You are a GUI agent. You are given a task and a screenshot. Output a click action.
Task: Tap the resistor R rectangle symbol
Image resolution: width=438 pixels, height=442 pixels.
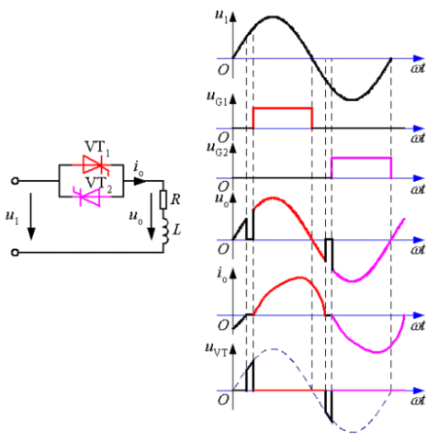coord(163,199)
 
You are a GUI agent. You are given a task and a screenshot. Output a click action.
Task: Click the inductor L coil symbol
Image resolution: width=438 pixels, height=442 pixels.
coord(164,231)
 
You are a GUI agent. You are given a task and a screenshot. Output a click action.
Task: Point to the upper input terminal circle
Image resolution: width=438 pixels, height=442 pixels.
coord(15,181)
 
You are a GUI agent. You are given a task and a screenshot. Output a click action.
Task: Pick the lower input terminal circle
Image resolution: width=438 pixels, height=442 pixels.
coord(15,253)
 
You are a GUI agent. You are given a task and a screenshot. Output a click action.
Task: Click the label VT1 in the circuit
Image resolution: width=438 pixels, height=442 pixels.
coord(97,148)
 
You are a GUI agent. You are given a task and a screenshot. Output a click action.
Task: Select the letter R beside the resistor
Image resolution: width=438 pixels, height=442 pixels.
coord(175,199)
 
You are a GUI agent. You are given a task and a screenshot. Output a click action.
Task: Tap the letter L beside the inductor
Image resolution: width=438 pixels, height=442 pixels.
coord(177,229)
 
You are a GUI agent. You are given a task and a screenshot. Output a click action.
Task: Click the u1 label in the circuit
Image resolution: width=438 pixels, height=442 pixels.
coord(12,217)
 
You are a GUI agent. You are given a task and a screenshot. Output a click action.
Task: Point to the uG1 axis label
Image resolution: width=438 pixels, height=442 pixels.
coord(217,98)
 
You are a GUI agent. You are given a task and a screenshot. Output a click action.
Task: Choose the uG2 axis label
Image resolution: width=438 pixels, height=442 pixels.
coord(217,149)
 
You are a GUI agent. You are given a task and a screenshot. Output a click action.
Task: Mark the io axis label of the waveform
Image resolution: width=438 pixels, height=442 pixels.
coord(222,275)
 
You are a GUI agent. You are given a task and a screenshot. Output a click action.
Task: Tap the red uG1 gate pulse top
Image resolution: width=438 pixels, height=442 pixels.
coord(283,108)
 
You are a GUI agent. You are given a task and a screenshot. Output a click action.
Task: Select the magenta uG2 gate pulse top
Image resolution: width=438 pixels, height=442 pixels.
coord(362,158)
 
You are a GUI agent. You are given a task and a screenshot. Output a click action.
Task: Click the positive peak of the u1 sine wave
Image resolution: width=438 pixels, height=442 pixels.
coord(273,17)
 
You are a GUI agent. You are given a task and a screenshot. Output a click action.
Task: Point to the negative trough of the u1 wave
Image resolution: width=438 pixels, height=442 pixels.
coord(353,99)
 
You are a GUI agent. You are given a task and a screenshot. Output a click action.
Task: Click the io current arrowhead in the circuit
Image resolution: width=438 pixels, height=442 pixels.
coord(140,181)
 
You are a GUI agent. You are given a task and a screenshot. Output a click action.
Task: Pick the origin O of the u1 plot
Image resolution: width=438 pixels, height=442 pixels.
coord(223,70)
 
